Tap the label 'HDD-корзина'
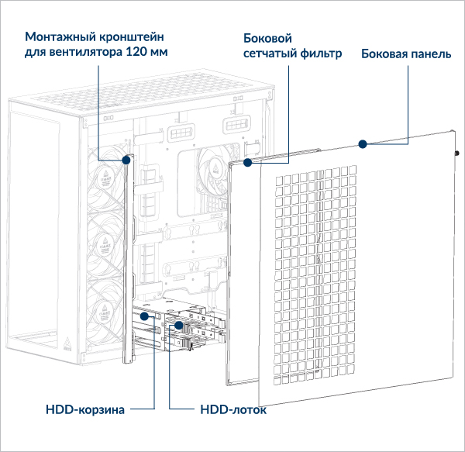84,409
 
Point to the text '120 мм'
147,53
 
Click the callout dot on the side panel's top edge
361,143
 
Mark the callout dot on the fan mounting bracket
126,160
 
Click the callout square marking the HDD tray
177,326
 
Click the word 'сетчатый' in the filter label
268,55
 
